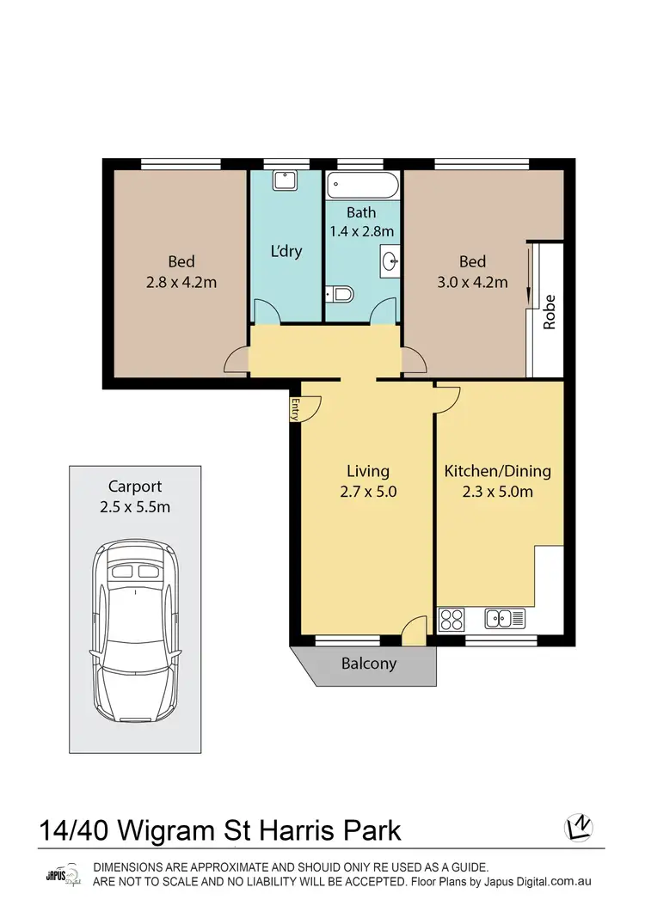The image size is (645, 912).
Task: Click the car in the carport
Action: (x=136, y=633)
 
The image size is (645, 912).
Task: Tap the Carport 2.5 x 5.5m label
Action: (x=134, y=496)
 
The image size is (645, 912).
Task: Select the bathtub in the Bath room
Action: (x=362, y=186)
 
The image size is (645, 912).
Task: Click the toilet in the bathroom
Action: (x=341, y=296)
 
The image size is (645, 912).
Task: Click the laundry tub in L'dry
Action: (x=283, y=181)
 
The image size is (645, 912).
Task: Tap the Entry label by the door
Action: (x=296, y=409)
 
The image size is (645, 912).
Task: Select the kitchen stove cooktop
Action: (x=451, y=617)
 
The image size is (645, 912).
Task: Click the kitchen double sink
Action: (x=504, y=617)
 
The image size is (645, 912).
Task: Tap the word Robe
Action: (x=549, y=312)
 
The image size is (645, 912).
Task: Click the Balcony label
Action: (x=369, y=664)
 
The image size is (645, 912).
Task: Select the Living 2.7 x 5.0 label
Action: (x=367, y=481)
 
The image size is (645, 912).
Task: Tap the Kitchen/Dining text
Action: (x=497, y=471)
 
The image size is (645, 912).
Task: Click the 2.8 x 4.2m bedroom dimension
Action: (x=181, y=281)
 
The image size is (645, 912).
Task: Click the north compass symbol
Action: (x=578, y=827)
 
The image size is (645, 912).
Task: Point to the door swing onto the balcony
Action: (x=416, y=631)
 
